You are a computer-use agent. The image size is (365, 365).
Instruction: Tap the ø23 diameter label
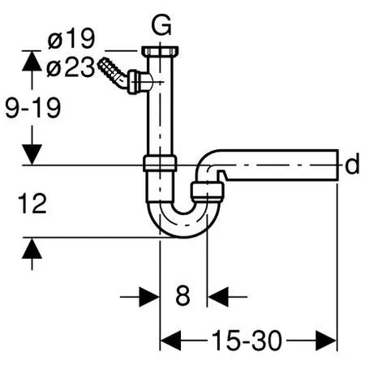[x=71, y=69]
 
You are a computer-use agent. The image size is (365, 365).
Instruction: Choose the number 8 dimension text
[x=183, y=296]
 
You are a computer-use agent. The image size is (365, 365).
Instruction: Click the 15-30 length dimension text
[x=248, y=341]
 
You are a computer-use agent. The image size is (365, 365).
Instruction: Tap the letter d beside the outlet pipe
[x=351, y=165]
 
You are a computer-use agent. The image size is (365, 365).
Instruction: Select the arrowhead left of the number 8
[x=151, y=296]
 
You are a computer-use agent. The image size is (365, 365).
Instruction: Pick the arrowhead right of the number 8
[x=217, y=296]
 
